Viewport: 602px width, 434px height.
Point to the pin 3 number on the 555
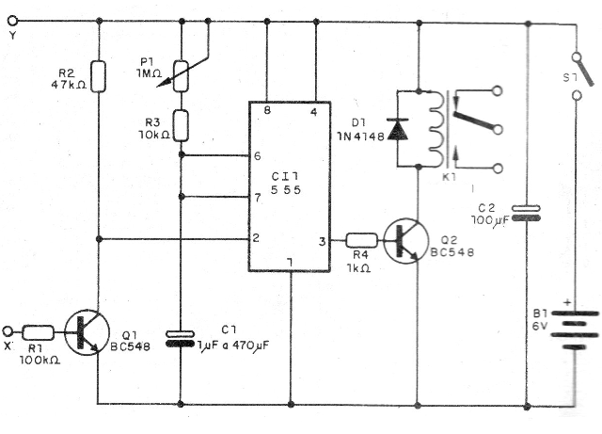322,242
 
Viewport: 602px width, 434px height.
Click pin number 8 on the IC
268,112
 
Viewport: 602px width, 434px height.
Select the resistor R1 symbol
39,331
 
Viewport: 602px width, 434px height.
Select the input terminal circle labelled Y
11,24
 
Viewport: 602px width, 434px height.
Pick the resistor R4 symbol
361,240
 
